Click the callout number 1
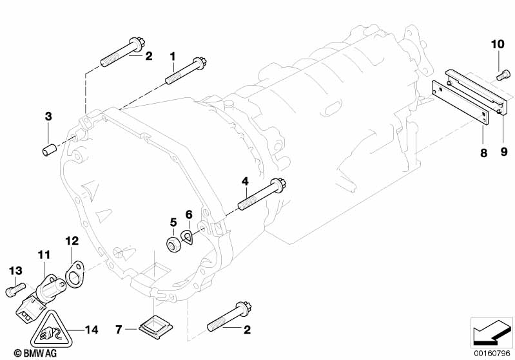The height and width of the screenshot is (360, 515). pyautogui.click(x=172, y=56)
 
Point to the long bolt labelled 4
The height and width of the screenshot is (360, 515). pyautogui.click(x=261, y=196)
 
